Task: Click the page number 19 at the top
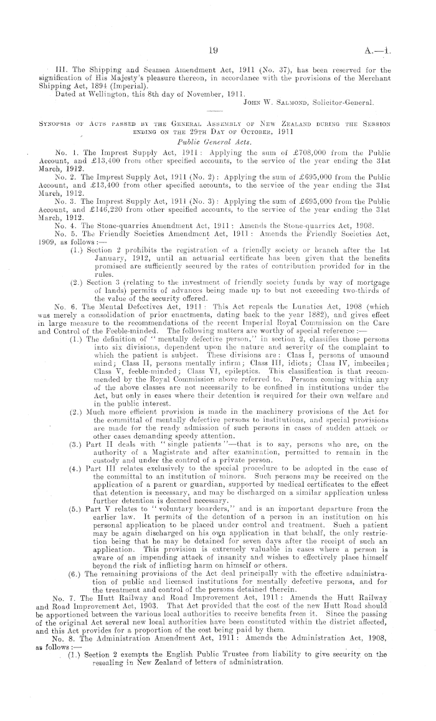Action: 217,36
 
